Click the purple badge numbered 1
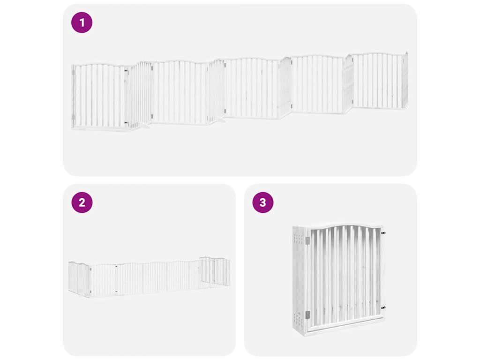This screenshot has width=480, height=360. click(82, 22)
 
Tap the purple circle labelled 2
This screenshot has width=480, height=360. click(82, 202)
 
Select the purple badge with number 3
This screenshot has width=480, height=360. click(263, 202)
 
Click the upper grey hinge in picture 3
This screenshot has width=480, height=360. click(307, 241)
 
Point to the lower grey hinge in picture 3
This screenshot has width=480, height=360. click(307, 315)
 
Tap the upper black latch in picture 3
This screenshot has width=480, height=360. click(383, 233)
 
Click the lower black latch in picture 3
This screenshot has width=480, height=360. click(383, 307)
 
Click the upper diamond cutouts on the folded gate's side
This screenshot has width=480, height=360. click(298, 239)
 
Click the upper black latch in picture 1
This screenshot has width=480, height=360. click(126, 71)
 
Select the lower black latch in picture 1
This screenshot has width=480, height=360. click(126, 123)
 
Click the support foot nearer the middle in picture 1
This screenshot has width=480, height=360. click(219, 119)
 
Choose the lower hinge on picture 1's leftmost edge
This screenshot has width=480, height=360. click(73, 117)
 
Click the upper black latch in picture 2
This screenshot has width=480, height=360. click(116, 267)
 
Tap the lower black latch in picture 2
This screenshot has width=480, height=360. click(116, 292)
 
